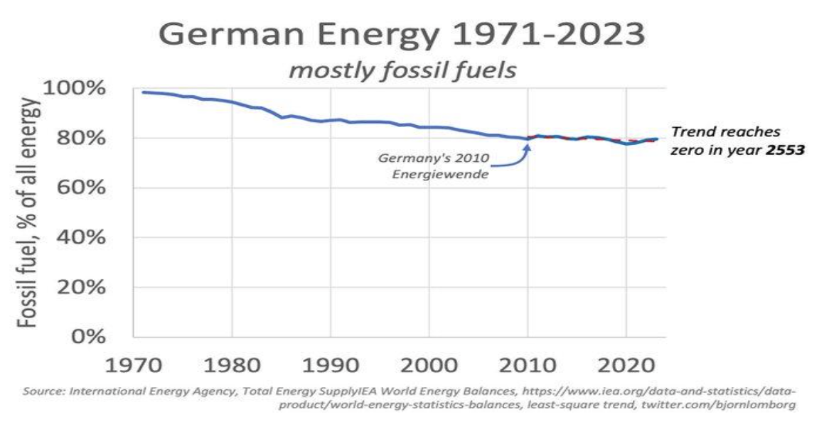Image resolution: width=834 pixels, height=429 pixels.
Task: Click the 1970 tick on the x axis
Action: coord(133,366)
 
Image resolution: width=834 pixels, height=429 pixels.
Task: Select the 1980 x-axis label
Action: coord(231,366)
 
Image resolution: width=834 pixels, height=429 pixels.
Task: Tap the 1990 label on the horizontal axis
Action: coord(329,366)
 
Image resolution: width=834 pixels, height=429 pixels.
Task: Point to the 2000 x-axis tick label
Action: coord(428,366)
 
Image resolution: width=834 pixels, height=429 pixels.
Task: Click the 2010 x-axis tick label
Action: coord(527,366)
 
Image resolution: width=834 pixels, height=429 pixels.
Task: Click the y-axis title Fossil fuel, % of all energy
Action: coord(28,213)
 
